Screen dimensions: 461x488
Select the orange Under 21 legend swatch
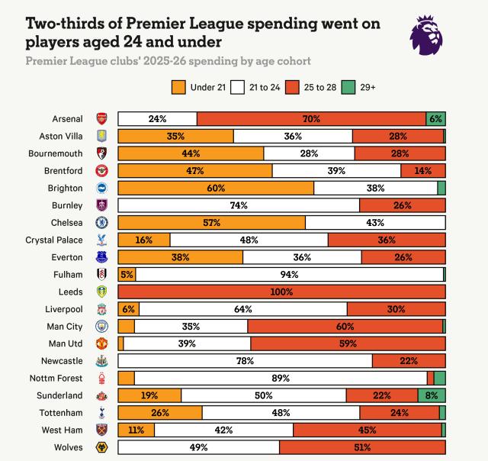tap(178, 87)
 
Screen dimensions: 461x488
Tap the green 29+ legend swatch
tap(347, 87)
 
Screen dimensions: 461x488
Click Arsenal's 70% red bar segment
tap(311, 119)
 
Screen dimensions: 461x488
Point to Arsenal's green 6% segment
tap(435, 119)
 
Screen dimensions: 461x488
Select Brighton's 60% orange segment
tap(216, 188)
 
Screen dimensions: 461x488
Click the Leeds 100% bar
tap(281, 292)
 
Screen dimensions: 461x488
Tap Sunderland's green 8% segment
tap(432, 395)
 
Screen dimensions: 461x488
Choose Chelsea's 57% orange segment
tap(211, 222)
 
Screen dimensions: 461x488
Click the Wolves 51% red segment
tap(361, 447)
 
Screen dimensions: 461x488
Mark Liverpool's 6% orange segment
tap(128, 309)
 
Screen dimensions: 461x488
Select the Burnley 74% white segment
tap(239, 205)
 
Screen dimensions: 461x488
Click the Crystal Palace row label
tap(58, 240)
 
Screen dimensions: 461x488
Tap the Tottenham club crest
tap(101, 412)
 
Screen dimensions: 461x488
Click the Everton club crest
tap(101, 257)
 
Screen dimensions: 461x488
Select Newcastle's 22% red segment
tap(409, 360)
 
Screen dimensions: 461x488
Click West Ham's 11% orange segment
tap(136, 430)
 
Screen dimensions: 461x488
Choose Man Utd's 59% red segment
tap(348, 343)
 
